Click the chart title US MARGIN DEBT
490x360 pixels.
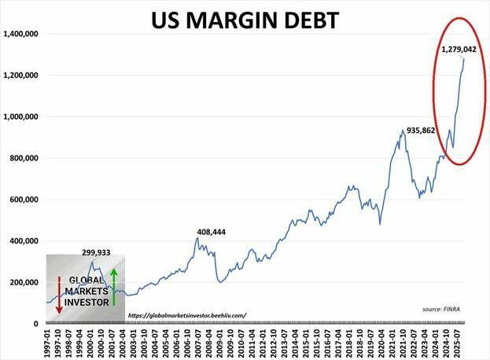[245, 19]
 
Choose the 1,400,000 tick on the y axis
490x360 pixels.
[22, 35]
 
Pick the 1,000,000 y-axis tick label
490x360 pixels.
[22, 117]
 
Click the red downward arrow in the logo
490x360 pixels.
[58, 296]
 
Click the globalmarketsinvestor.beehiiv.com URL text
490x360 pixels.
[186, 315]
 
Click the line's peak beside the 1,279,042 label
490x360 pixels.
[463, 59]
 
